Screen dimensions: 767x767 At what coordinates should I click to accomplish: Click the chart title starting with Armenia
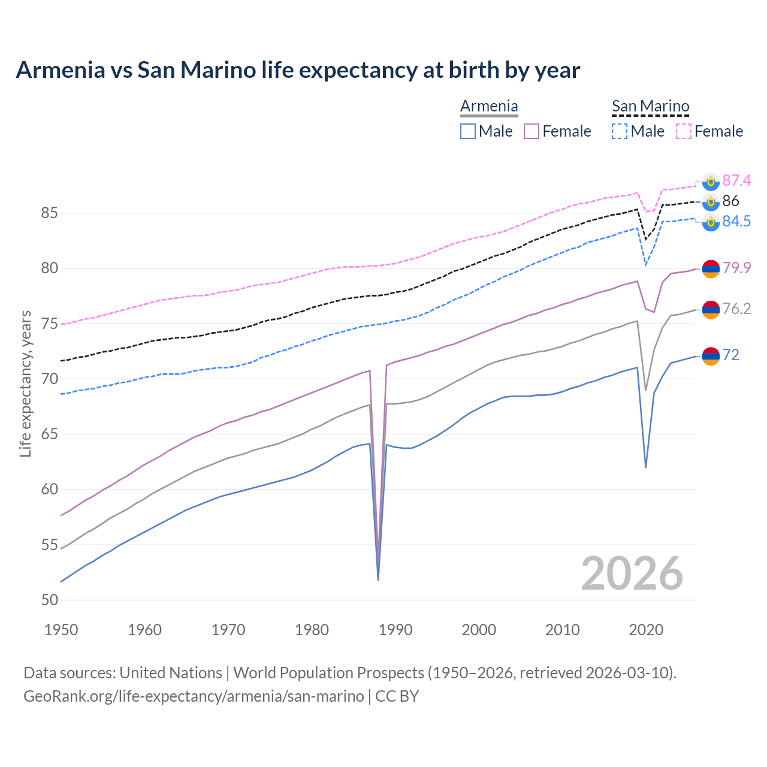coord(298,70)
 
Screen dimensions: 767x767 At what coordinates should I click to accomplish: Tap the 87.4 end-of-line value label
coord(736,180)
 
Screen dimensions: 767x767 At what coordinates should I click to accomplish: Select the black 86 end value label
coord(730,201)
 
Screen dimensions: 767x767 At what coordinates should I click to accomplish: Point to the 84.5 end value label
coord(736,221)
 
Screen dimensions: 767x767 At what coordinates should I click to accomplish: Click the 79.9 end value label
coord(736,268)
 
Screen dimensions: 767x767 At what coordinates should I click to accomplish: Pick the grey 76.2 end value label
coord(736,309)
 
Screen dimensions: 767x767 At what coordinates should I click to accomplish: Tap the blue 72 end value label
coord(730,355)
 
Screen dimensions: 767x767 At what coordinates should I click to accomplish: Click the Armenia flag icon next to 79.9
coord(711,268)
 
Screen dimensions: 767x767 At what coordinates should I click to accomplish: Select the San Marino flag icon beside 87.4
coord(711,181)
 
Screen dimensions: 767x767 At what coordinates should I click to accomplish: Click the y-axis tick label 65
coord(50,434)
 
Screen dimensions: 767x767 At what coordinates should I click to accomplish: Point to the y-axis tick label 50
coord(50,600)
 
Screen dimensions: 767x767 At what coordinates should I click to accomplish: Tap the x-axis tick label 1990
coord(395,630)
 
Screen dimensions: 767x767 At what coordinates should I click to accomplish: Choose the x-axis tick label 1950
coord(62,630)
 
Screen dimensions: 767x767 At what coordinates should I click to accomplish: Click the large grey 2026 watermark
coord(632,573)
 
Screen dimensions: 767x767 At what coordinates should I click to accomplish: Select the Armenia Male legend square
coord(468,131)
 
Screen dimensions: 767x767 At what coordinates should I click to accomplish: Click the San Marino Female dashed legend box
coord(683,131)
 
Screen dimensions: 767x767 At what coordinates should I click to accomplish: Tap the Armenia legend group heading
coord(489,107)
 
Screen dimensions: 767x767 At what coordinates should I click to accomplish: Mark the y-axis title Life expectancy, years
coord(25,383)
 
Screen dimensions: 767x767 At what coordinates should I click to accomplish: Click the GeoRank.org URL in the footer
coord(194,696)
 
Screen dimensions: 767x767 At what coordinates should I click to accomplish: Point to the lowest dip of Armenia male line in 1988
coord(378,579)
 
